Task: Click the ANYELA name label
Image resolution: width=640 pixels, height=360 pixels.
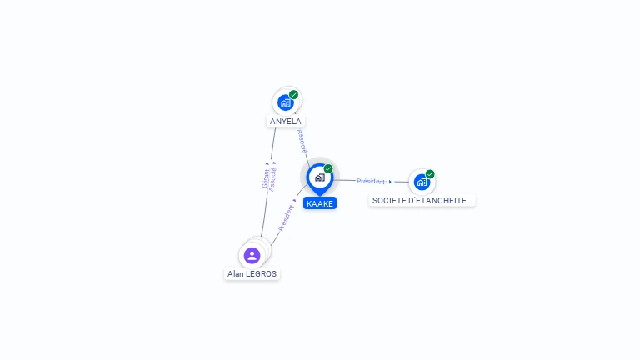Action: pos(285,121)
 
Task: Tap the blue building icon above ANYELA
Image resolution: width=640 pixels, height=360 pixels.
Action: pos(286,102)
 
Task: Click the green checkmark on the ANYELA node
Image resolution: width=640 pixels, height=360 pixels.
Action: pos(293,95)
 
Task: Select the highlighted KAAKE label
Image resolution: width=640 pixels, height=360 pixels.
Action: pos(320,203)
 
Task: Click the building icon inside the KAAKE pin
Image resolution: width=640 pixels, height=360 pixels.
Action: pos(320,177)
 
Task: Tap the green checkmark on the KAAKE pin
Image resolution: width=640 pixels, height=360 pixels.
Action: pos(328,168)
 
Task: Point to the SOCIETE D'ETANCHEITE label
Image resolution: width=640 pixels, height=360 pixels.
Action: pos(422,200)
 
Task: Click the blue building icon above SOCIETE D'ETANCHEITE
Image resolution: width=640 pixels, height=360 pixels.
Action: pos(422,182)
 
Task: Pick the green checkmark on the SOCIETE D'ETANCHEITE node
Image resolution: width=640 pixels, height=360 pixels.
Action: pos(430,174)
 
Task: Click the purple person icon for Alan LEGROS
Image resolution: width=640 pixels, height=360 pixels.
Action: pos(252,256)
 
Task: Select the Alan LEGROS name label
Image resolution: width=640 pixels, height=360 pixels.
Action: pos(252,274)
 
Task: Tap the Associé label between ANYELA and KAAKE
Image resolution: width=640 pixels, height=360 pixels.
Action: pos(302,141)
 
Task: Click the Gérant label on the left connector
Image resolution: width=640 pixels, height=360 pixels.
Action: pos(265,178)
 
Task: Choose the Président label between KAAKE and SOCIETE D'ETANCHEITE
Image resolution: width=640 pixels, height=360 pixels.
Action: pos(371,181)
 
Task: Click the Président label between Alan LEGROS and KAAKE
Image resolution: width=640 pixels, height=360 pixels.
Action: pos(286,218)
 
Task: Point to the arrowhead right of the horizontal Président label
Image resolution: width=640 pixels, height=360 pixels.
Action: pos(390,182)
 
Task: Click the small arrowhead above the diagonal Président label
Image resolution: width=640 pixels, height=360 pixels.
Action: pos(295,200)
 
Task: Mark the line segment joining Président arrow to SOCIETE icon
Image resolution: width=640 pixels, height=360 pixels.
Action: pos(402,182)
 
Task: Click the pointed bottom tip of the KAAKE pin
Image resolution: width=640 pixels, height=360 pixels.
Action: pos(320,196)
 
